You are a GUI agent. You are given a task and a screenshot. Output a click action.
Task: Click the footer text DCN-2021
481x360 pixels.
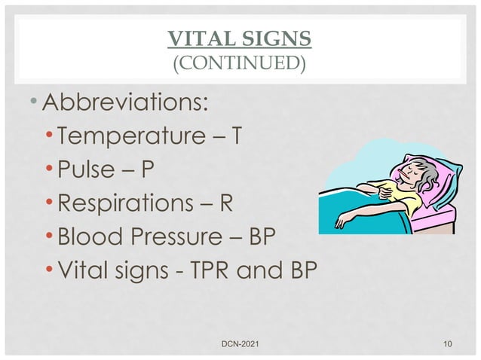point(239,344)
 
